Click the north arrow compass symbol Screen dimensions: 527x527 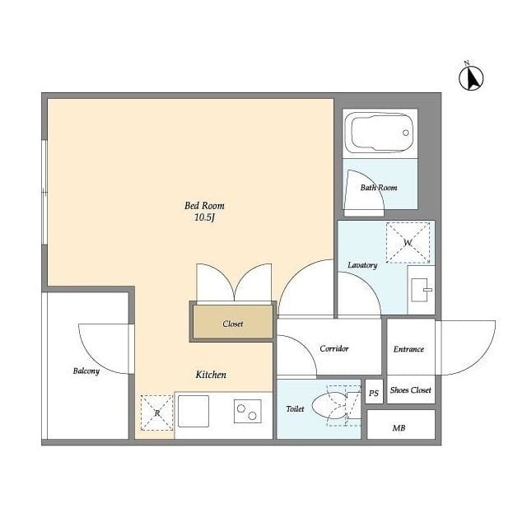(x=471, y=77)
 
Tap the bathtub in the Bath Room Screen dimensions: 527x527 (x=380, y=133)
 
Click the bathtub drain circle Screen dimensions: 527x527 (x=406, y=133)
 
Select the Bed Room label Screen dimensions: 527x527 (x=204, y=206)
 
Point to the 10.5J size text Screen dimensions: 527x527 (x=204, y=217)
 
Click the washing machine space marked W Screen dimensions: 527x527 (x=408, y=242)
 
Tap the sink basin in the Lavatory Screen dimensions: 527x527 (x=420, y=290)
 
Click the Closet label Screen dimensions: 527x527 (x=232, y=324)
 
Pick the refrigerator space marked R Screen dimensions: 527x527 (x=156, y=413)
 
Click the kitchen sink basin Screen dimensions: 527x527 (x=194, y=411)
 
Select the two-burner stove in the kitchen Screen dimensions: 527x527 (x=248, y=411)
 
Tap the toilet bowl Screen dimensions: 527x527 (x=329, y=406)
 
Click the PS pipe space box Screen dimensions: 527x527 (x=374, y=392)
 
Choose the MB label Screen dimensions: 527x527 (x=399, y=428)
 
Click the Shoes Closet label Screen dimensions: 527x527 (x=410, y=390)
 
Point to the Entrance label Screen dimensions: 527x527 (x=408, y=349)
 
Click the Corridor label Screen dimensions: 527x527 (x=334, y=348)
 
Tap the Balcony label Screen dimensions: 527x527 (x=86, y=371)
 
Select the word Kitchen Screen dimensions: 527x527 (x=211, y=375)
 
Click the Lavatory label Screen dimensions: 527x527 (x=362, y=265)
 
